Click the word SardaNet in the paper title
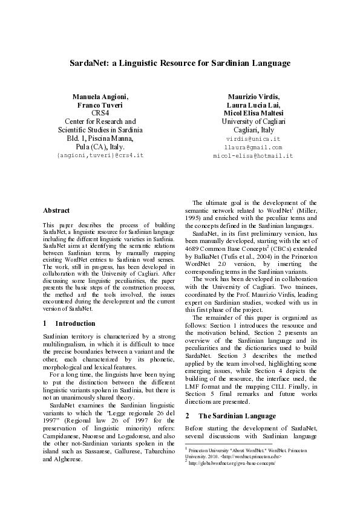89,63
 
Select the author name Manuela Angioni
100,97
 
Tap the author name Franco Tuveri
100,105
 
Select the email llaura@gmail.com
253,147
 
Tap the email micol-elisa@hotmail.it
253,155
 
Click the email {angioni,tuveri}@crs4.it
100,155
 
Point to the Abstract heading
56,210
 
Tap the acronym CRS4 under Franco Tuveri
100,113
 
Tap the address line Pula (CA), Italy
100,146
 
